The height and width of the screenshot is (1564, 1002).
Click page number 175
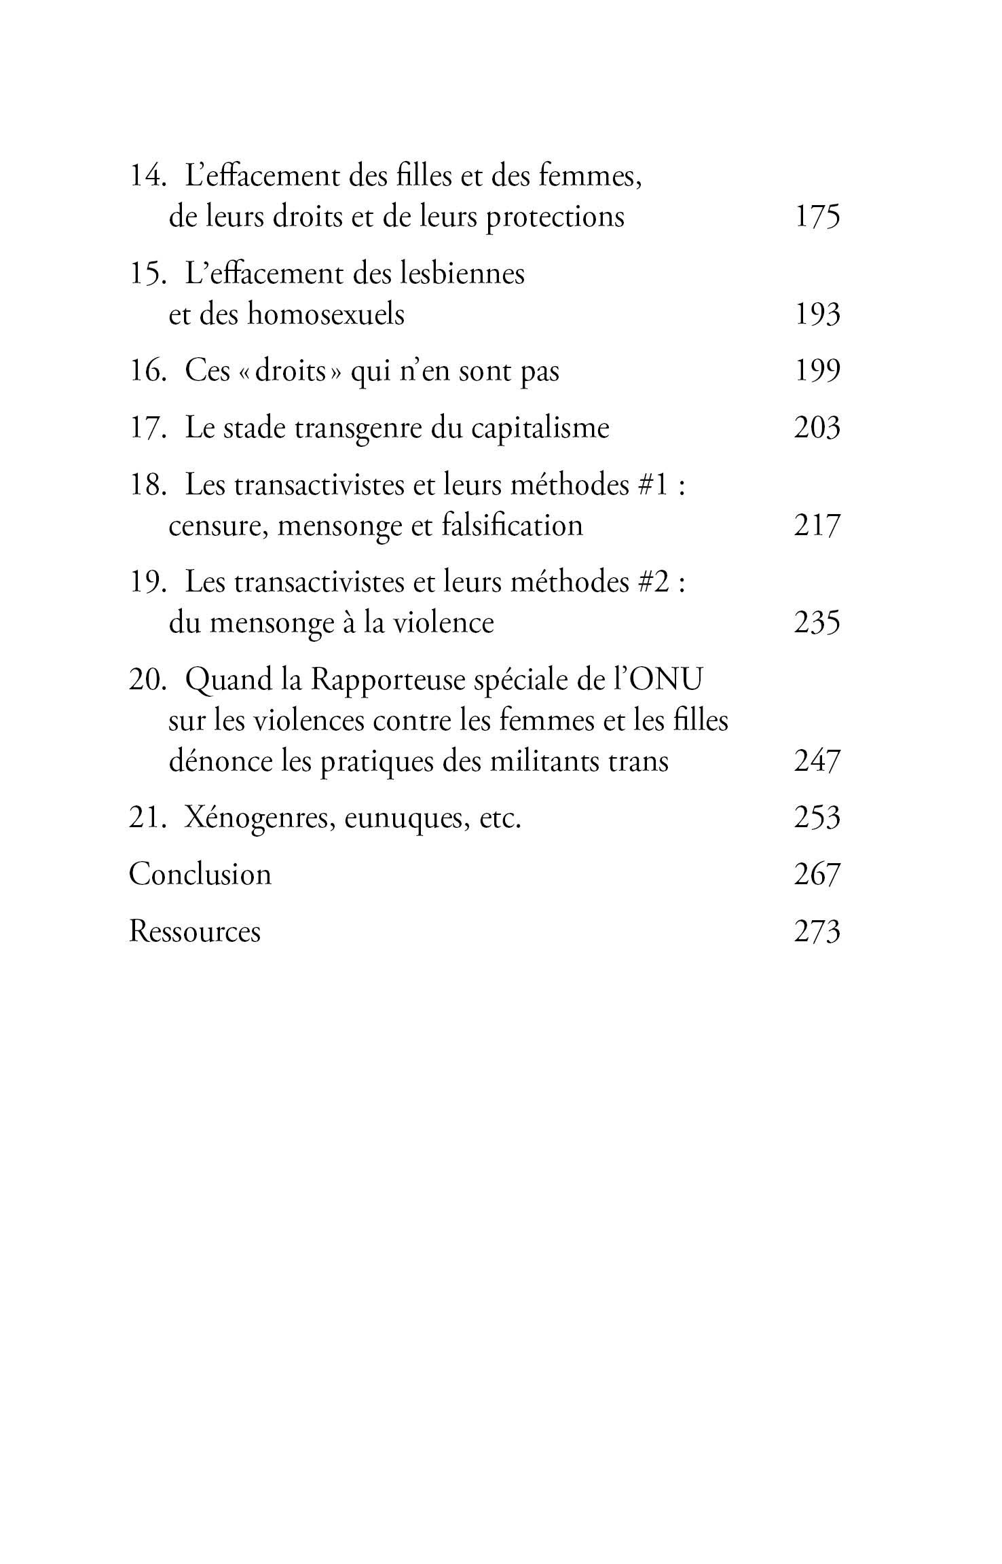pos(817,217)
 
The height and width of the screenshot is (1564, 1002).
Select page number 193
pos(817,314)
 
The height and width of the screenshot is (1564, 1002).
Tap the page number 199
pos(817,371)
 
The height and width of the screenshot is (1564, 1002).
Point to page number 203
pos(817,429)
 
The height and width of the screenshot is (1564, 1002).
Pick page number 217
pos(817,526)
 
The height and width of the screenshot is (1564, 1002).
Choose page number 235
pos(817,623)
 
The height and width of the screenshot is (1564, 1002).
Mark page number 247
pos(817,761)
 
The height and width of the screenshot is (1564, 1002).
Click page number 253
pos(817,818)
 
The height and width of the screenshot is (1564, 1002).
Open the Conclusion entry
pos(200,874)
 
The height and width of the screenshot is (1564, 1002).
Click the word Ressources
pos(195,931)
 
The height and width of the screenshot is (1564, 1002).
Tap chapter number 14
pos(147,177)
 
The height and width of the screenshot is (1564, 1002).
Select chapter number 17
pos(147,429)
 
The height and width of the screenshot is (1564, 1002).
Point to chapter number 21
pos(147,818)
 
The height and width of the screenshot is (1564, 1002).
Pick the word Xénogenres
pos(259,818)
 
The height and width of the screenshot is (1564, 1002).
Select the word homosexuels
pos(326,314)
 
